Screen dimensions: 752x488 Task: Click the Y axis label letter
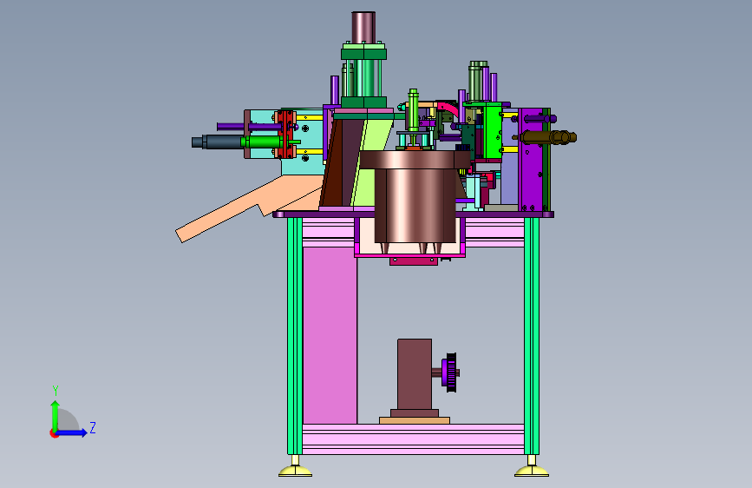click(56, 391)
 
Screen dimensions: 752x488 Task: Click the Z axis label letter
click(93, 427)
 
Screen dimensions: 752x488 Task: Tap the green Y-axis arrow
click(56, 416)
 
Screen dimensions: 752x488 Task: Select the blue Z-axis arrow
click(71, 432)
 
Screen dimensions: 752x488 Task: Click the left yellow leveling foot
click(296, 472)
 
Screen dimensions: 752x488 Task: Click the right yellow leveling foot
click(532, 472)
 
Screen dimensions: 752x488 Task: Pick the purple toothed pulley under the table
click(450, 373)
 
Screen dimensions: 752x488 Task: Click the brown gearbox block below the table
click(415, 374)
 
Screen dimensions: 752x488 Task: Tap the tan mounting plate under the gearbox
click(415, 420)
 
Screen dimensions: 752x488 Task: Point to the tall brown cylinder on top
click(363, 28)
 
